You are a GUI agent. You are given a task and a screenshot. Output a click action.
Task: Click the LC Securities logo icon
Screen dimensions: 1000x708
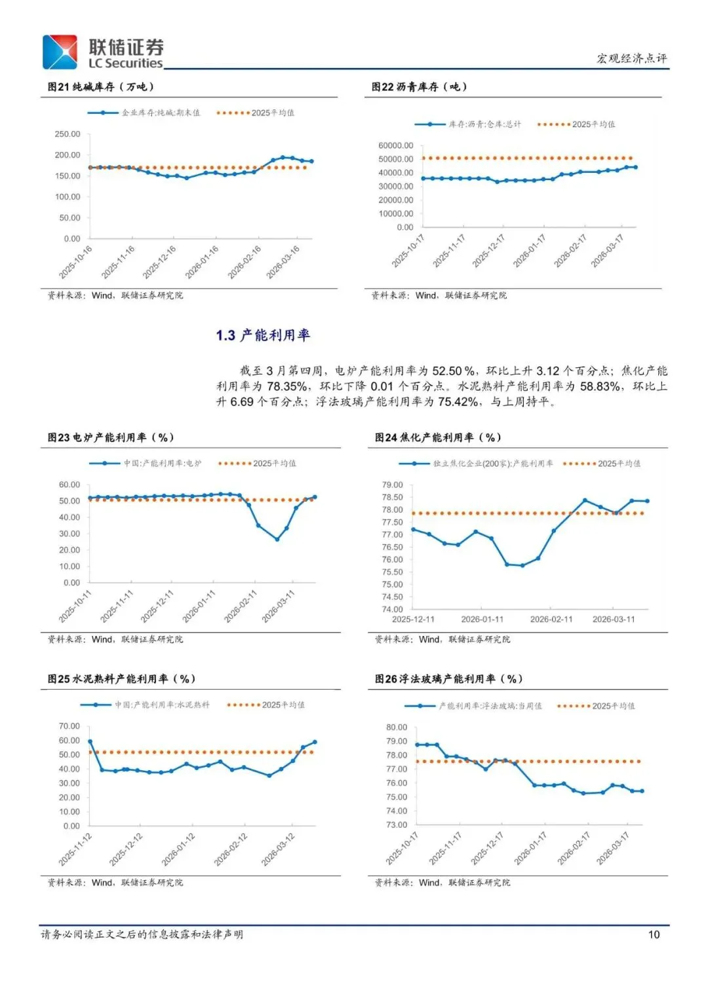click(x=60, y=52)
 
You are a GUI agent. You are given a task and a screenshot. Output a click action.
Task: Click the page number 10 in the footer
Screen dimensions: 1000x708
click(x=654, y=935)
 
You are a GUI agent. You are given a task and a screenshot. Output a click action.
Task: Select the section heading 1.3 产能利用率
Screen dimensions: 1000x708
click(x=263, y=335)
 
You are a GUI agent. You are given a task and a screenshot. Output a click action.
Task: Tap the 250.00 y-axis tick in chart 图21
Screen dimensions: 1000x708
click(x=68, y=134)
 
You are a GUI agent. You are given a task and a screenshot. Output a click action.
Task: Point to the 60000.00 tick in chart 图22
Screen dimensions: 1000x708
click(x=395, y=145)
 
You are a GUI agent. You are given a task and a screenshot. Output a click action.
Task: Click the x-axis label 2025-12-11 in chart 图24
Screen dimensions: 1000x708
click(x=413, y=620)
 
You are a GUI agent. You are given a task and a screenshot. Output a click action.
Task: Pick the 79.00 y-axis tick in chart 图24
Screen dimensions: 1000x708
click(x=392, y=485)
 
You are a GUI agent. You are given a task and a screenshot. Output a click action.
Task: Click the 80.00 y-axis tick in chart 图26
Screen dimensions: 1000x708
click(x=397, y=728)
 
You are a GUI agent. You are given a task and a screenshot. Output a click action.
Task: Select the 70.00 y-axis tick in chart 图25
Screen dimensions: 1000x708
click(x=69, y=726)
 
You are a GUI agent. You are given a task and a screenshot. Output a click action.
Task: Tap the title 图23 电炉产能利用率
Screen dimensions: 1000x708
click(x=110, y=437)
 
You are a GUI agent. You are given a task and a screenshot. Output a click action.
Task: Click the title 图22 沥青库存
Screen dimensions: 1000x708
click(x=419, y=87)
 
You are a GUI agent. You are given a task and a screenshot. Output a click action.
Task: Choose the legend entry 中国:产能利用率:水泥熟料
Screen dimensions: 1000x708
click(x=162, y=705)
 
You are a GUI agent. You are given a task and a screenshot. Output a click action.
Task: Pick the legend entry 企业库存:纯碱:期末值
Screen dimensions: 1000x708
click(x=161, y=113)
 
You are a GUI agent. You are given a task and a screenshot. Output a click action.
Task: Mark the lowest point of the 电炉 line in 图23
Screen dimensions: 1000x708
click(x=277, y=540)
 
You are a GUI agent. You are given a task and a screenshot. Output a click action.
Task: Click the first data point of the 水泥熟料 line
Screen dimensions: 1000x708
click(x=90, y=741)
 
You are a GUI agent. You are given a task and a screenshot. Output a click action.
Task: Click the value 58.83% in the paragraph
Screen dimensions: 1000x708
click(x=600, y=386)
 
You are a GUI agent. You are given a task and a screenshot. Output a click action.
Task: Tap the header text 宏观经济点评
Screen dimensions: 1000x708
click(x=631, y=58)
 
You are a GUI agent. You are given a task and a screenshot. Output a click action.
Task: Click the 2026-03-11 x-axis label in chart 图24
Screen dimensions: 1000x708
click(x=614, y=620)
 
